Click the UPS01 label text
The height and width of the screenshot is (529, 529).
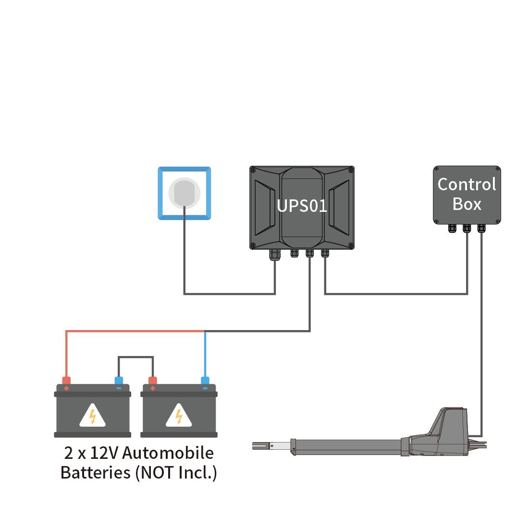coord(302,206)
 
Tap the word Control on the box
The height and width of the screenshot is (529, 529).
coord(467,185)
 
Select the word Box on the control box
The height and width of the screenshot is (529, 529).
coord(467,204)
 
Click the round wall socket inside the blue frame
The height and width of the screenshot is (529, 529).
coord(184,193)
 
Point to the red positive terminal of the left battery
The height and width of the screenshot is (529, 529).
coord(66,381)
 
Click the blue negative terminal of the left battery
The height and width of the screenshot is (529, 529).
coord(119,381)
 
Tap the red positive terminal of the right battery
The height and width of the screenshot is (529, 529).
coord(153,381)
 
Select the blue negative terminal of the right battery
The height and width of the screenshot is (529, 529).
coord(205,381)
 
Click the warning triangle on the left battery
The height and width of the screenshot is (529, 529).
coord(92,416)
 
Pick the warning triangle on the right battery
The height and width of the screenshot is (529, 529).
coord(179,416)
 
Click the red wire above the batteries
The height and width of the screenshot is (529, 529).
coord(135,331)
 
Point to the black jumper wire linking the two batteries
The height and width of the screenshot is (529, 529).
coord(136,357)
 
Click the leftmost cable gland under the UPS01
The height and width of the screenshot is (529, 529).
coord(275,255)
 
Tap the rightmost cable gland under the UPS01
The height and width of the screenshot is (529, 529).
coord(325,253)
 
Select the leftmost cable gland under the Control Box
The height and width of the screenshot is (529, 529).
coord(452,228)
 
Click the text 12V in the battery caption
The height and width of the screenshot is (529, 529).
coord(105,453)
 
